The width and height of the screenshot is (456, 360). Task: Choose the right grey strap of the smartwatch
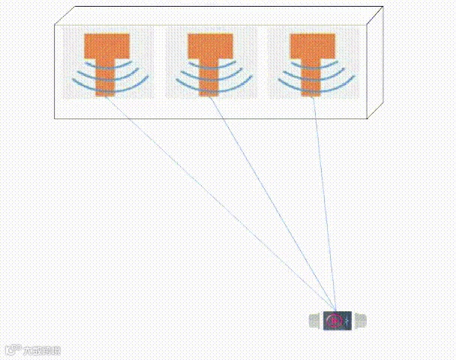tap(360, 321)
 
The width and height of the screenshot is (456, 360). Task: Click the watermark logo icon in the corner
tap(13, 350)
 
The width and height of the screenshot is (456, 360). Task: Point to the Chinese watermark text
tap(41, 350)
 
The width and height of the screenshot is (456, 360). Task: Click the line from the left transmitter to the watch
tap(217, 202)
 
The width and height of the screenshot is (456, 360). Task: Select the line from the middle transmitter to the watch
tap(270, 202)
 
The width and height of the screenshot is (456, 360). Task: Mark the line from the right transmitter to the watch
tap(324, 202)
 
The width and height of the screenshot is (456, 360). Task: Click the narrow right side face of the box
tap(375, 64)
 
